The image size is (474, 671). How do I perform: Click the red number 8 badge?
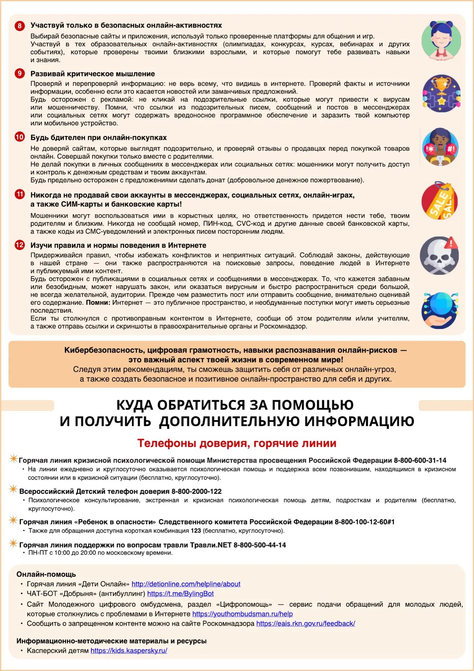[20, 26]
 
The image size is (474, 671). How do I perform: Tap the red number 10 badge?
[20, 137]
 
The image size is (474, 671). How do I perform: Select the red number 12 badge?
[20, 245]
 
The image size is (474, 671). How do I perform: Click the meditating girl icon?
[441, 40]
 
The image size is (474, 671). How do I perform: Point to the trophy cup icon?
[442, 93]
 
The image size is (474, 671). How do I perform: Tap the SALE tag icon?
[439, 201]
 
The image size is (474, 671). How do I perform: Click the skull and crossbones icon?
[439, 256]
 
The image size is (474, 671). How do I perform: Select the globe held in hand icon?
[440, 310]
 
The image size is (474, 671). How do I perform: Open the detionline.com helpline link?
[186, 584]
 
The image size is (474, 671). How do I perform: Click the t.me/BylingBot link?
[180, 593]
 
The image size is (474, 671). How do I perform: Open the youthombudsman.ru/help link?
[242, 614]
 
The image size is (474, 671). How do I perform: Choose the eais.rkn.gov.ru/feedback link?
[305, 623]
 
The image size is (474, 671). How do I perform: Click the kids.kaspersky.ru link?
[129, 650]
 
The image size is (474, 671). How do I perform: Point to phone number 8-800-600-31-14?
[420, 460]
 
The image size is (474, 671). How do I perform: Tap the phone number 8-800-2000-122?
[197, 491]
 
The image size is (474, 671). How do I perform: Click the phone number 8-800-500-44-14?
[259, 545]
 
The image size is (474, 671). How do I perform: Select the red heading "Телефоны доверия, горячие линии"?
[237, 443]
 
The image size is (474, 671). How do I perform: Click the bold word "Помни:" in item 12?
[98, 303]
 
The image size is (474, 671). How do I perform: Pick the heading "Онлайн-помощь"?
[46, 574]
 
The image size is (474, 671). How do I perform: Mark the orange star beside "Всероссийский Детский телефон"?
[13, 489]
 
